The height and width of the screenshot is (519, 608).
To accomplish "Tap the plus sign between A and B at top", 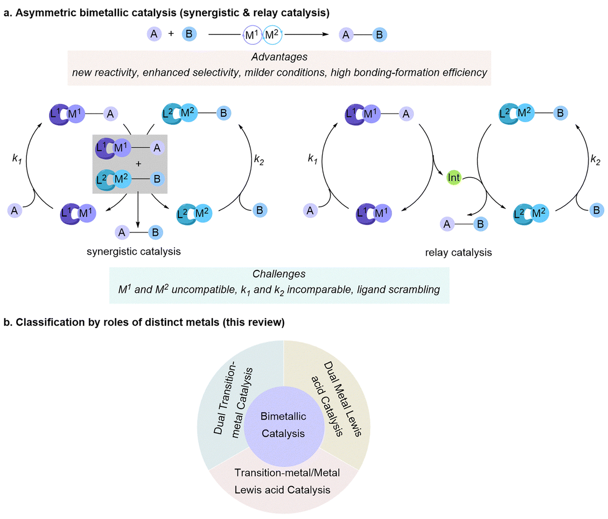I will [171, 34].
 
